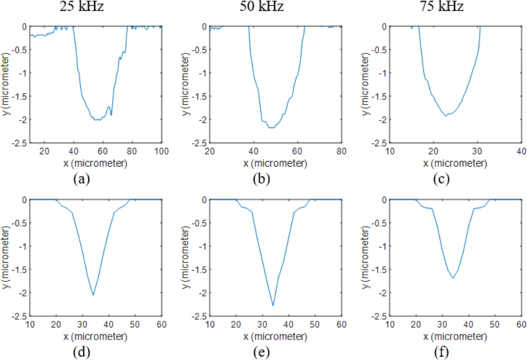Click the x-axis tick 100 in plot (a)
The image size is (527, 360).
pos(162,151)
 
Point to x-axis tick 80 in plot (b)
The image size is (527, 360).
pos(341,151)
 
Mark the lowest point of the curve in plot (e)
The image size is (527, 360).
pos(273,305)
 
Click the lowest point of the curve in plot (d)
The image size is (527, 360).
pos(93,295)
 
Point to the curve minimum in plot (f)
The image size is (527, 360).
pos(453,278)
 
